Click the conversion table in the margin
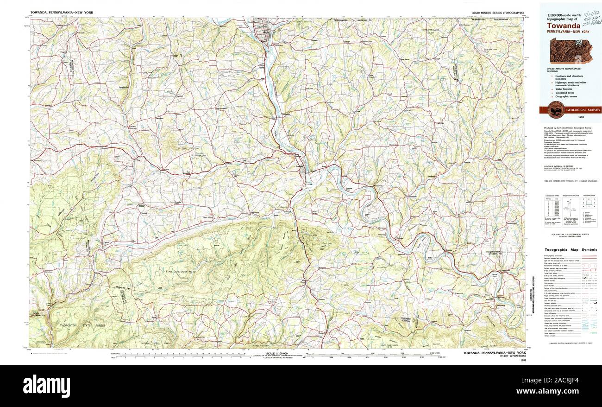[552, 211]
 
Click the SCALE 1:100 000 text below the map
[276, 354]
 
